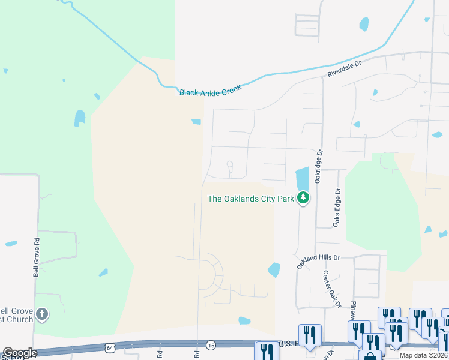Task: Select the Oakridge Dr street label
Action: (319, 166)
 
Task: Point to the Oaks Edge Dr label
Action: (337, 208)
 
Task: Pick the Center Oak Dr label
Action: (331, 289)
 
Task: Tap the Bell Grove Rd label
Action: (37, 256)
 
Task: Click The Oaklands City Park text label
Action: (250, 199)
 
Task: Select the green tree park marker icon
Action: (304, 197)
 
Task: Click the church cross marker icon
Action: (41, 314)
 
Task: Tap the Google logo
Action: (19, 353)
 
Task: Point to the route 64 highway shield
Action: (109, 347)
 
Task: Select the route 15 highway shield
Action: (211, 345)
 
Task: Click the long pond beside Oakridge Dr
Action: (302, 178)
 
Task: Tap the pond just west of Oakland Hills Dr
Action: (274, 270)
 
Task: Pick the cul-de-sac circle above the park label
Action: (229, 164)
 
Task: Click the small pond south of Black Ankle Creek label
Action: (196, 122)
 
